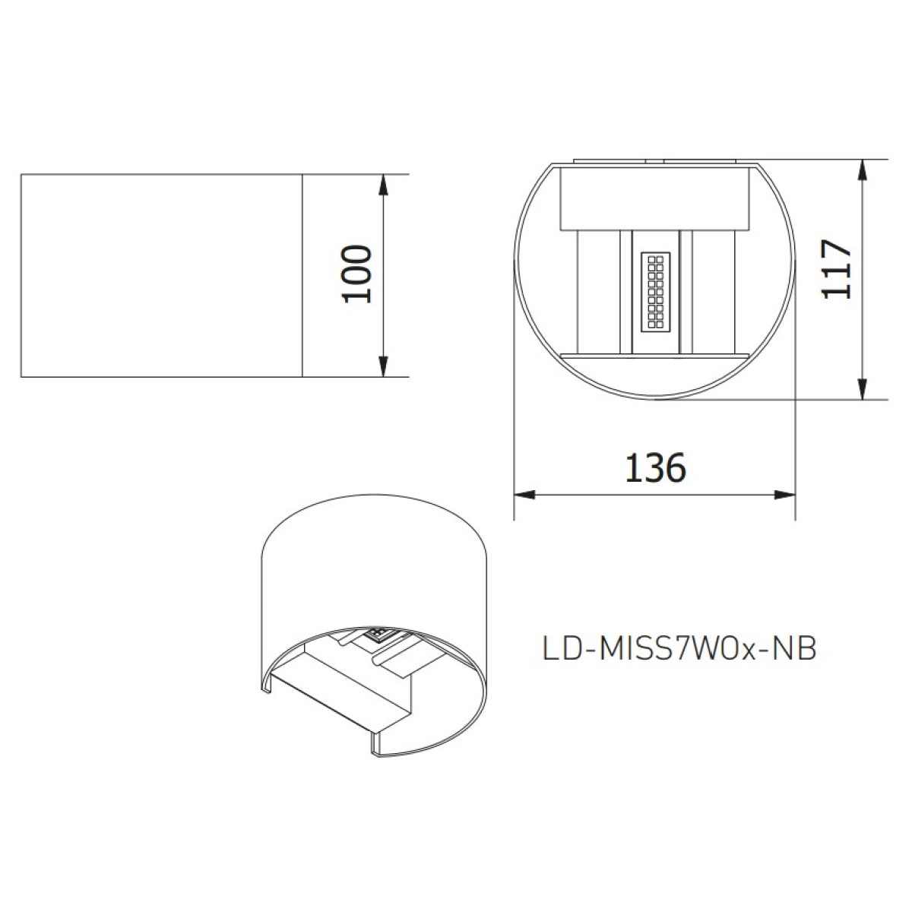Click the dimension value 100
[356, 274]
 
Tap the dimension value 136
[655, 467]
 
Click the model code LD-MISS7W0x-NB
[679, 650]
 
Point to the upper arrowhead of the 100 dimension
[383, 185]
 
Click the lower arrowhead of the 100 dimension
[383, 366]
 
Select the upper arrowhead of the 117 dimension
[863, 170]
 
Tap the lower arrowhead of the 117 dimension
[863, 389]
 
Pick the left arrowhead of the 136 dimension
[524, 495]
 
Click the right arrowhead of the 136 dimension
[784, 495]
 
